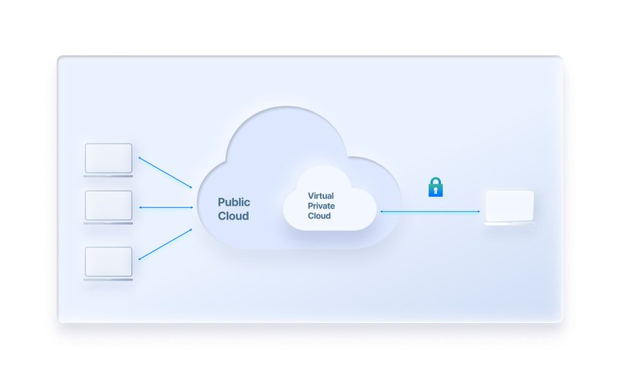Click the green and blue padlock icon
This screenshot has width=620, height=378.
436,187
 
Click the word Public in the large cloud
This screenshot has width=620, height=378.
234,203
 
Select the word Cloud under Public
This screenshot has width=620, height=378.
233,216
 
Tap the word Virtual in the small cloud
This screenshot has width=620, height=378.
321,196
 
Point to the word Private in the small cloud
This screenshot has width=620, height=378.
321,206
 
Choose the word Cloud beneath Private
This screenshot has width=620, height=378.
319,216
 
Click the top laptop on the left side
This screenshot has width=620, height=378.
108,160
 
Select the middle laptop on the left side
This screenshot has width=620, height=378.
108,207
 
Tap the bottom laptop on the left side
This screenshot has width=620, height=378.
108,264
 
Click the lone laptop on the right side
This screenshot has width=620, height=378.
510,208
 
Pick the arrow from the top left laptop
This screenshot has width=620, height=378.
165,172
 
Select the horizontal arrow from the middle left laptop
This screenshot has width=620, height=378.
166,207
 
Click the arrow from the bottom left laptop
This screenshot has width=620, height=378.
165,244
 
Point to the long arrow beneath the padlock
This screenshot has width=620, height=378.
430,212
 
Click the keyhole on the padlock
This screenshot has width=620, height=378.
436,191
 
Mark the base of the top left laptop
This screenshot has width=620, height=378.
108,175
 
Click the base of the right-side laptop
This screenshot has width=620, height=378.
510,224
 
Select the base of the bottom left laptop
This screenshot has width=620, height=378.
108,279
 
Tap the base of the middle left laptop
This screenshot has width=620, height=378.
108,223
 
